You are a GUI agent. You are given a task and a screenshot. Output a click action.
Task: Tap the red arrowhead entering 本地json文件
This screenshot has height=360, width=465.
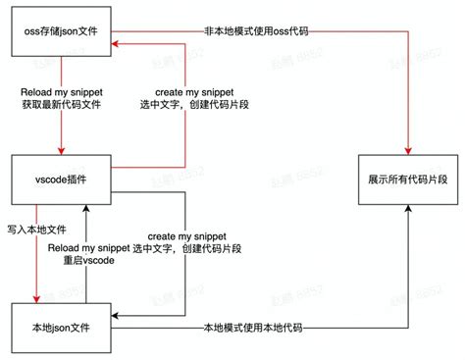(37, 300)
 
